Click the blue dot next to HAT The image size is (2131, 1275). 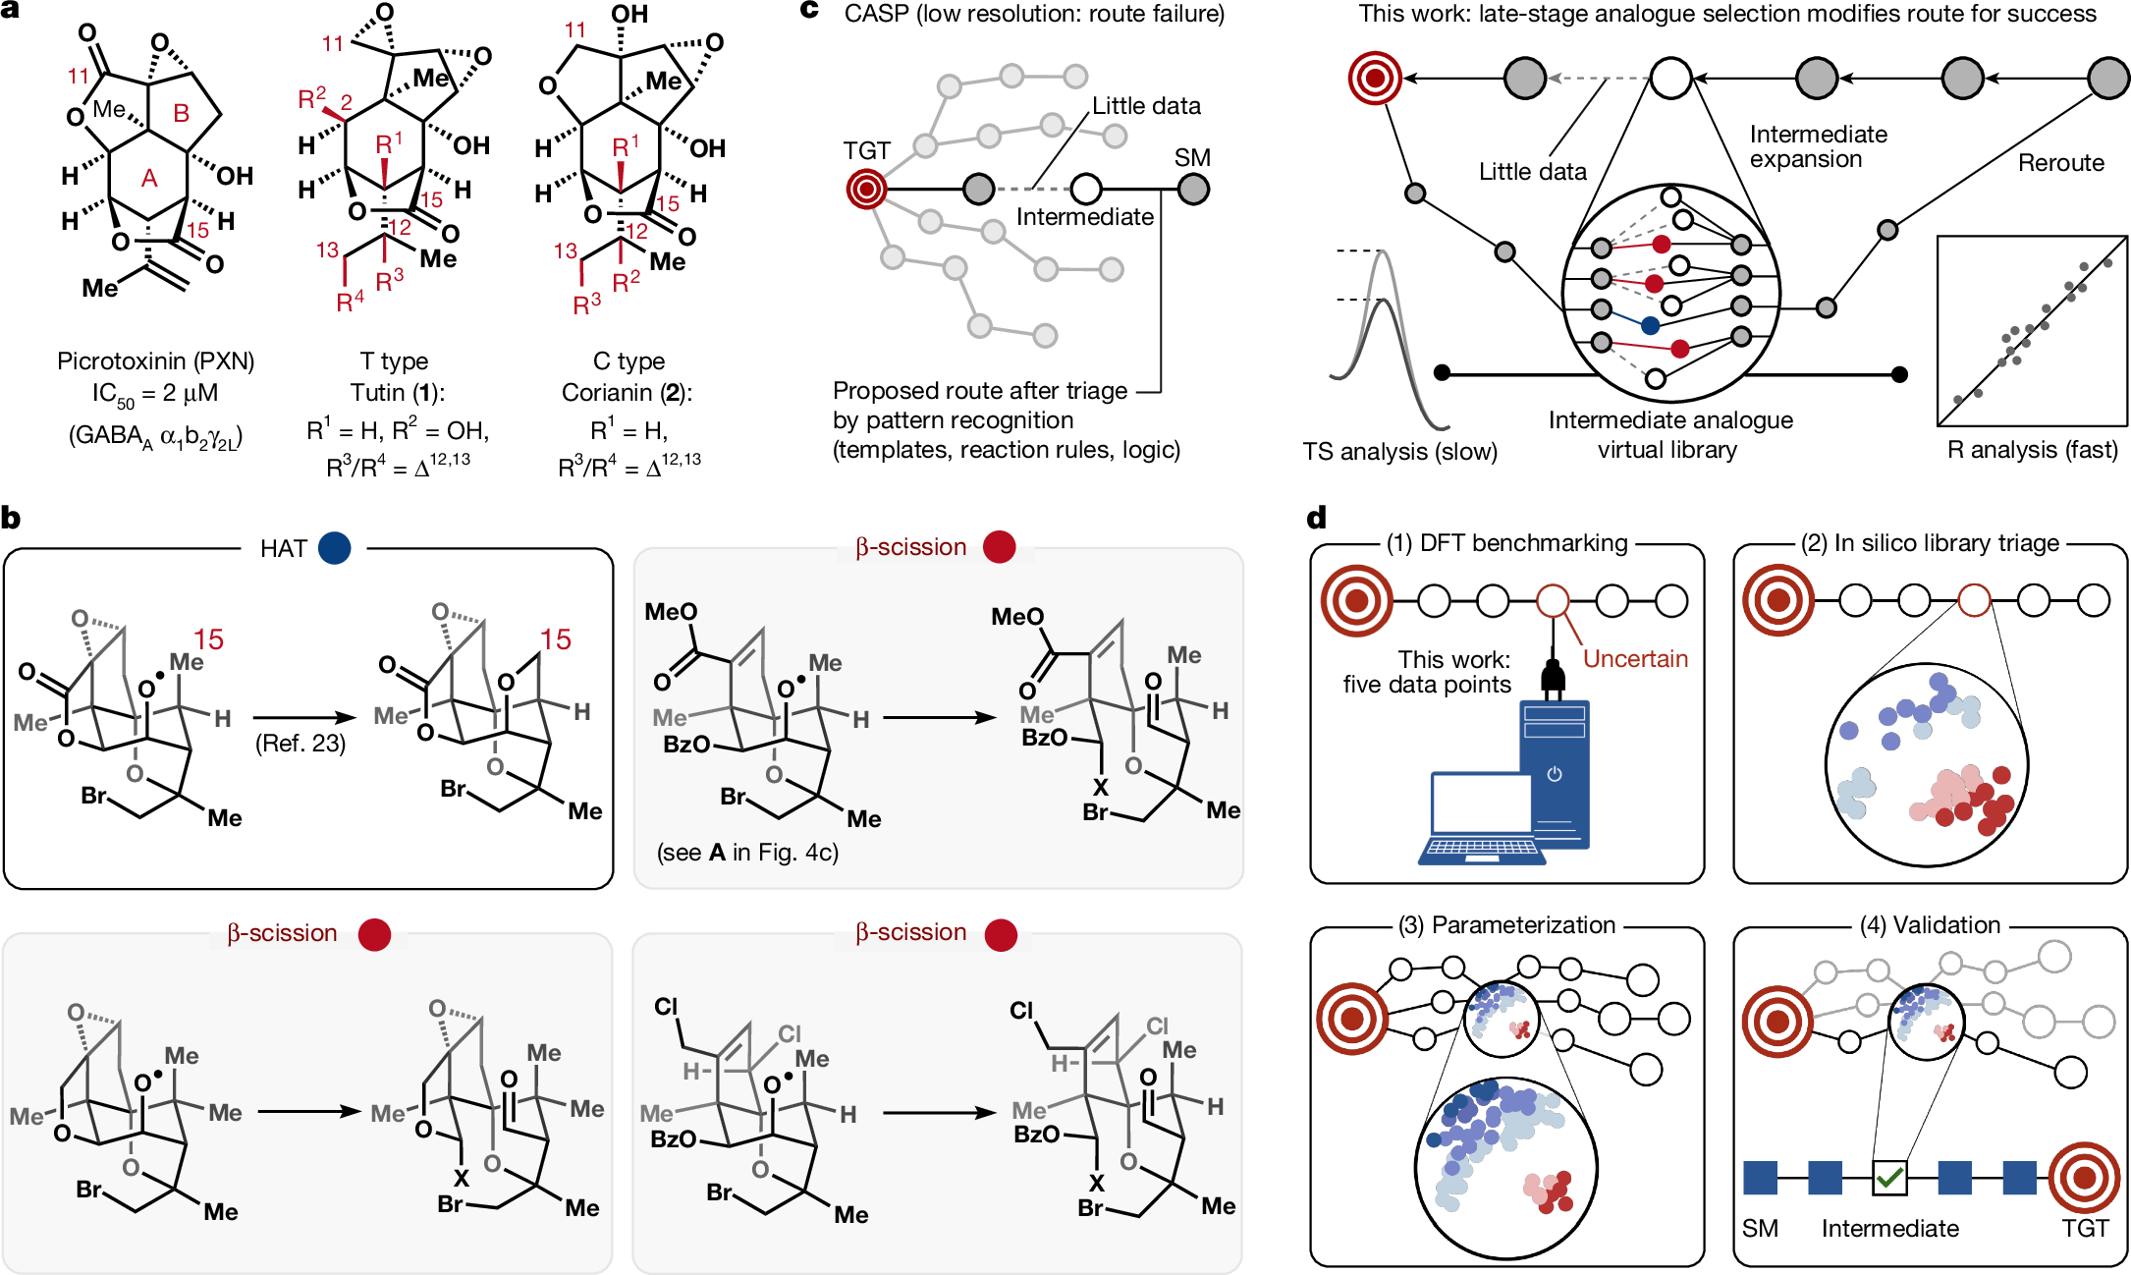tap(334, 548)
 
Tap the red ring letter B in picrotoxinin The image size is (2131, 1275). tap(181, 114)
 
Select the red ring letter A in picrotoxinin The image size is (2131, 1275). tap(149, 178)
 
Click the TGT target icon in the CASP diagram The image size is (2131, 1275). tap(866, 189)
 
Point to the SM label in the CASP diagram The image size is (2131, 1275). tap(1192, 157)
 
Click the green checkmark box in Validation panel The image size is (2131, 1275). tap(1889, 1177)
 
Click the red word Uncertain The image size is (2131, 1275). tap(1635, 658)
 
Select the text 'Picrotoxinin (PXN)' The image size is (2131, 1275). tap(155, 360)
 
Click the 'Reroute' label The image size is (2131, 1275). tap(2060, 162)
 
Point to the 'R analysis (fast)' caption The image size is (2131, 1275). tap(2032, 450)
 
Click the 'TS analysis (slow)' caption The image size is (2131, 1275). tap(1399, 451)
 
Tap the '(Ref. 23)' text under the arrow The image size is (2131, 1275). tap(301, 743)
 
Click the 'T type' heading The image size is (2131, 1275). tap(394, 360)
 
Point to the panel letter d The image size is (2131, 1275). tap(1317, 517)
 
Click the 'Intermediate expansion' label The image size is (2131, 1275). tap(1818, 146)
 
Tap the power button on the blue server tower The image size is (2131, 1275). tap(1554, 774)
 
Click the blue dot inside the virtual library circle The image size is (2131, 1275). tap(1650, 325)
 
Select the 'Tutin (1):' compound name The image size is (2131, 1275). tap(397, 393)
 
